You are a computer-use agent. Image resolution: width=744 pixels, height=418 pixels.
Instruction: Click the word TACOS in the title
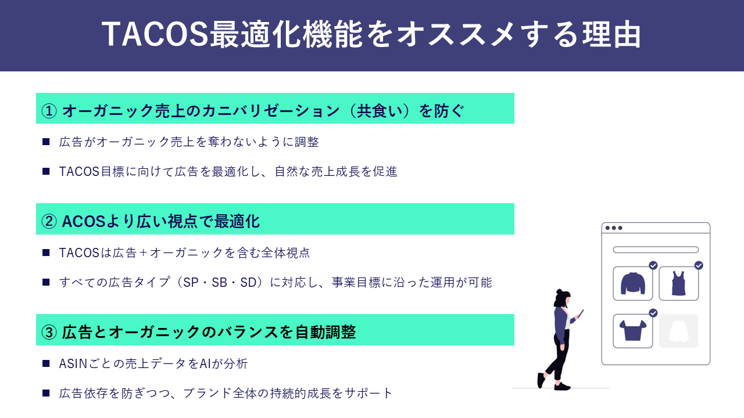pos(155,34)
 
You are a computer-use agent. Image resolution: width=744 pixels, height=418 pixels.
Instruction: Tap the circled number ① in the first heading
pos(49,111)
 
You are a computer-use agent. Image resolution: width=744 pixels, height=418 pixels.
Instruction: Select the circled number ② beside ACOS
pos(49,222)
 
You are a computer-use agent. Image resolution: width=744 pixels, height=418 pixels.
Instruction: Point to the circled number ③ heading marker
pos(49,333)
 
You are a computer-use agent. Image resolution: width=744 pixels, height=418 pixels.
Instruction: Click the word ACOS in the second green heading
pos(84,222)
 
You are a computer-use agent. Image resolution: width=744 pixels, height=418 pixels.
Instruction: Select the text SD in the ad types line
pos(248,283)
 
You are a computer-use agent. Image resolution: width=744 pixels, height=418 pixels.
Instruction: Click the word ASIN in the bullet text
pos(73,364)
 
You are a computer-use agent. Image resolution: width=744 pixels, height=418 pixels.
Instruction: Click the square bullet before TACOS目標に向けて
pos(46,171)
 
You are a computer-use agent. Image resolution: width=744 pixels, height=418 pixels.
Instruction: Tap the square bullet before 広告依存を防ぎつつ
pos(46,394)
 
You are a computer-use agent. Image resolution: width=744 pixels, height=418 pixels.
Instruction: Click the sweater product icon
pos(633,283)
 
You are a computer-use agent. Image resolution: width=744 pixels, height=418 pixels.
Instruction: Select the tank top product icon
pos(678,283)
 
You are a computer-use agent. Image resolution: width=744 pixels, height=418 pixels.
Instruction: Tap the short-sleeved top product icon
pos(633,330)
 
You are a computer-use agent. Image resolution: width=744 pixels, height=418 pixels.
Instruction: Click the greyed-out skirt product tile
pos(678,331)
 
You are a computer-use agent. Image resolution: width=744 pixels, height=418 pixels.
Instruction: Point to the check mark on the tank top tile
pos(699,265)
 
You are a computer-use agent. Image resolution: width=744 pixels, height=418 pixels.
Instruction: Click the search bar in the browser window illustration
pos(656,250)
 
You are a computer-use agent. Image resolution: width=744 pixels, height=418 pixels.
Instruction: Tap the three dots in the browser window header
pos(613,228)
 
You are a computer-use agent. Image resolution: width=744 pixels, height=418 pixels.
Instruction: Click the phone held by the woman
pos(581,313)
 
